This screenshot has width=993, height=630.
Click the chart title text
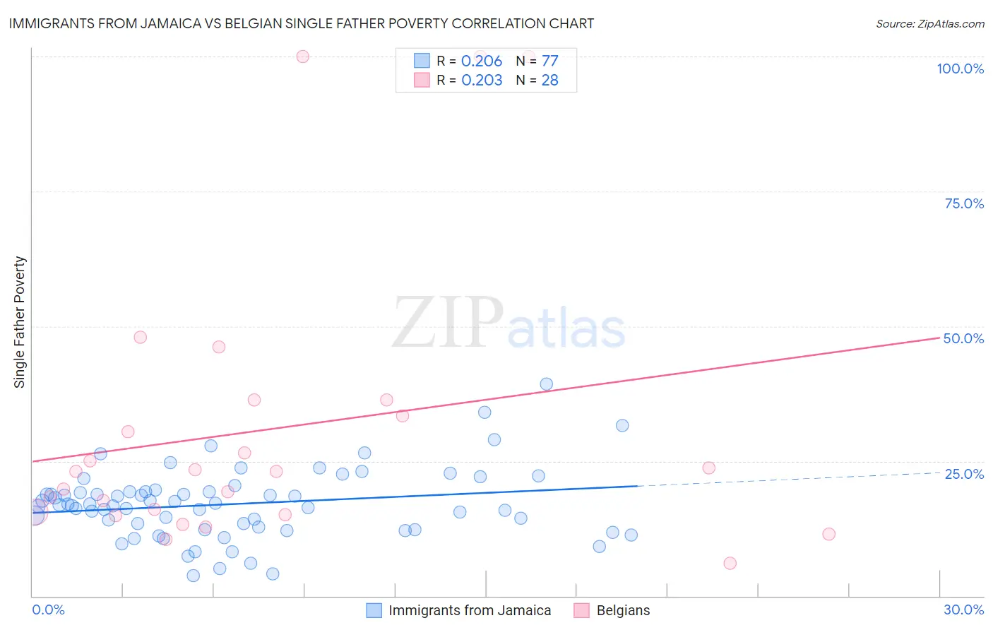tap(301, 23)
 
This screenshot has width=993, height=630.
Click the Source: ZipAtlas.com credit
tap(929, 23)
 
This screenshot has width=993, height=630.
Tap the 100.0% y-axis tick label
tap(960, 69)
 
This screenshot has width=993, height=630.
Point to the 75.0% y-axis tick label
tap(964, 203)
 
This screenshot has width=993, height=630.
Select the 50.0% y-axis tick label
tap(963, 338)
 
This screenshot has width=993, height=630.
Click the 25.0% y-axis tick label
tap(964, 473)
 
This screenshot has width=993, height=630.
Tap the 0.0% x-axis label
tap(48, 610)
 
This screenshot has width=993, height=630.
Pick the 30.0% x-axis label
tap(963, 610)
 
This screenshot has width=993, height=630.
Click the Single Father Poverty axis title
tap(20, 322)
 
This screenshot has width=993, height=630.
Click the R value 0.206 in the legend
tap(482, 61)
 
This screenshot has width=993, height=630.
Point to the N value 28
tap(549, 80)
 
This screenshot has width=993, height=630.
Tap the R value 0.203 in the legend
tap(482, 80)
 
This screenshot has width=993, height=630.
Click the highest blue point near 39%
tap(546, 384)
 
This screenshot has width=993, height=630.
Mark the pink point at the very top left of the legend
tap(302, 57)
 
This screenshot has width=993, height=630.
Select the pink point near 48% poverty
tap(140, 338)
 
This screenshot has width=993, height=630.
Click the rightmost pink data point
tap(828, 534)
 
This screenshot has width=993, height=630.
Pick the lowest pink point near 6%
tap(730, 563)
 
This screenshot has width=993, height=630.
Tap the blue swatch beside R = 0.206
tap(422, 61)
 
